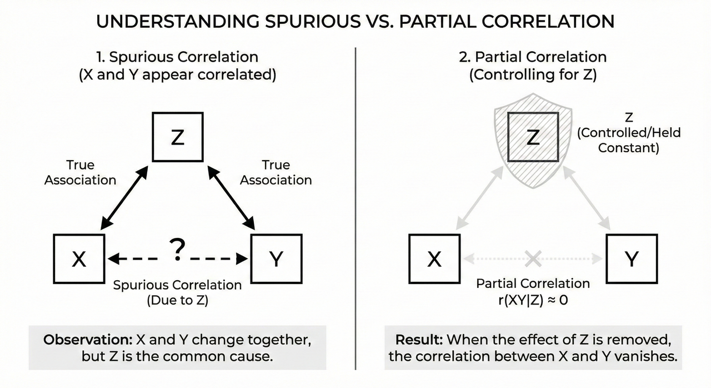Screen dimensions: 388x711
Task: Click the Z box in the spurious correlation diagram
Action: point(177,137)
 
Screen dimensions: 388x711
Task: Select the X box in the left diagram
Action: point(79,259)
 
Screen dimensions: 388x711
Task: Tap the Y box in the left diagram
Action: point(276,259)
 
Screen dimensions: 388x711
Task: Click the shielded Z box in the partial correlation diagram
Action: point(532,137)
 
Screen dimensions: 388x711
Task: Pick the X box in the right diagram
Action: point(434,259)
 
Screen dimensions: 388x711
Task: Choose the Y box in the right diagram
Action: point(632,259)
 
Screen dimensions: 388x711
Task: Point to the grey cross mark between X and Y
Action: point(533,258)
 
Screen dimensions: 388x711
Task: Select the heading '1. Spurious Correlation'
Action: point(177,57)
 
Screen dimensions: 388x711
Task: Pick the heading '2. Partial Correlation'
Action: point(532,57)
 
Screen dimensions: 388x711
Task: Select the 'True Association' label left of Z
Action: point(81,172)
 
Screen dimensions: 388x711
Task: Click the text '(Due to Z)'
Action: point(177,301)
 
